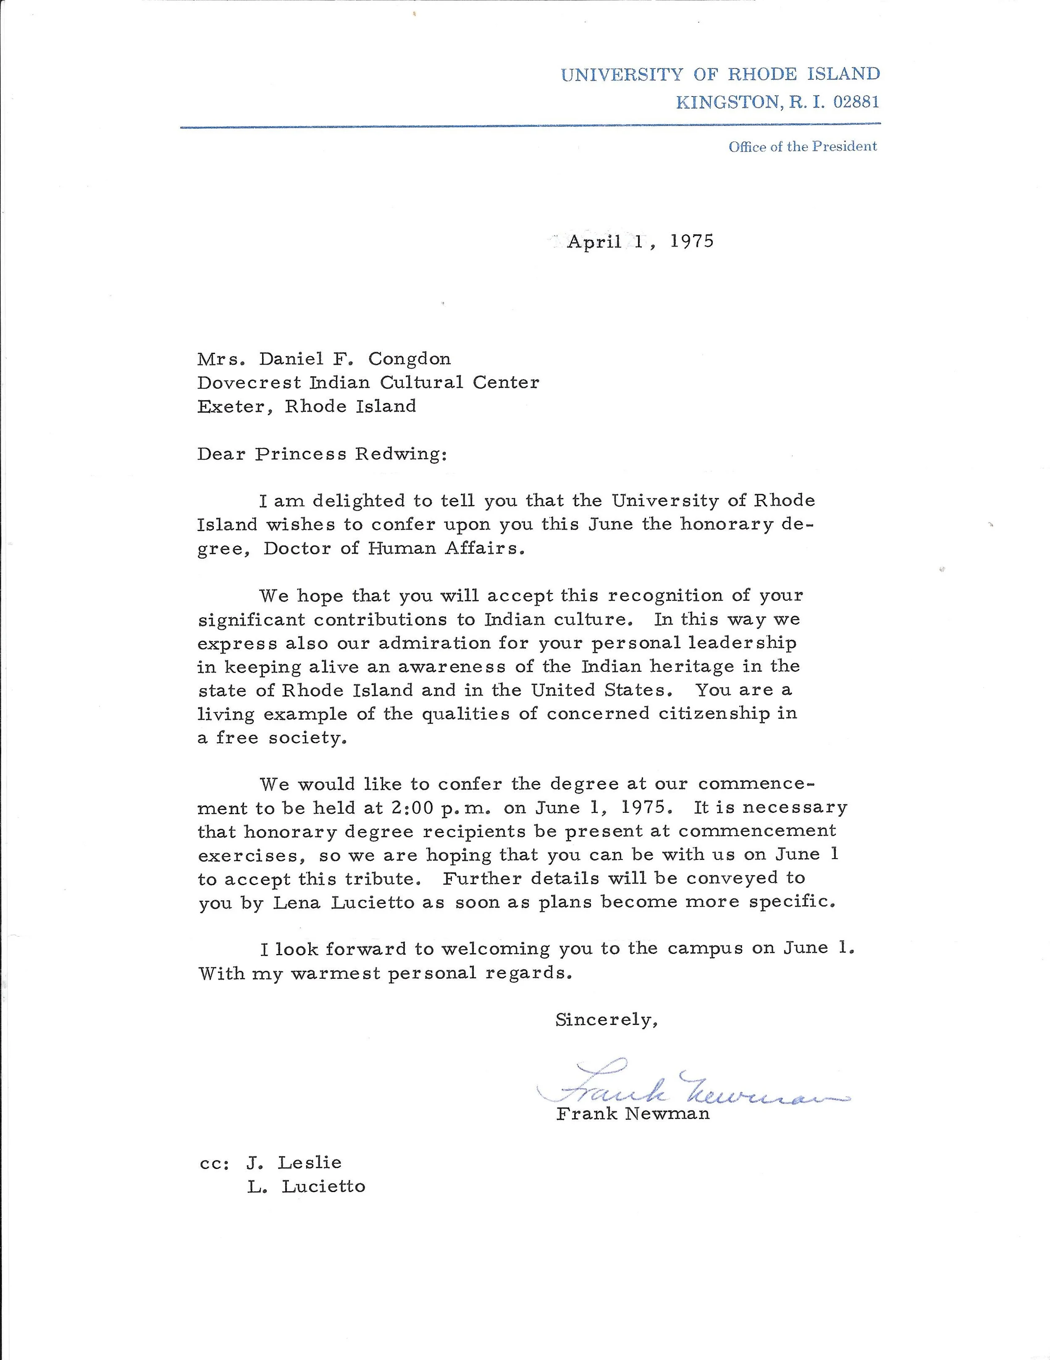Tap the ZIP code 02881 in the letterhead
pos(856,102)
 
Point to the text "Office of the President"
pos(802,147)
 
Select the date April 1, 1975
pos(640,241)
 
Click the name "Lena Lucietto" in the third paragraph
pos(344,902)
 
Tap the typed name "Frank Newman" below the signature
pos(633,1114)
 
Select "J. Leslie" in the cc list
pos(294,1163)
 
